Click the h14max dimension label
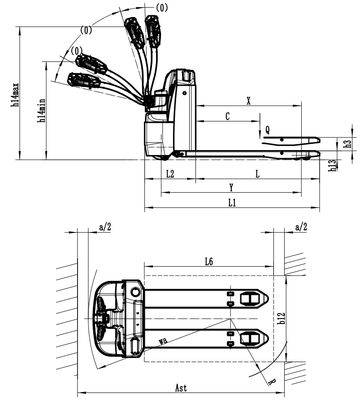coord(16,95)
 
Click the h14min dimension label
coord(42,111)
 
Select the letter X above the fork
coord(248,101)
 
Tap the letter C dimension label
coord(228,116)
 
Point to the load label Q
coord(267,129)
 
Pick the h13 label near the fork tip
coord(333,165)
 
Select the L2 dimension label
coord(170,174)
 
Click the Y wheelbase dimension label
coord(231,187)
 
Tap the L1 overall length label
coord(232,203)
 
